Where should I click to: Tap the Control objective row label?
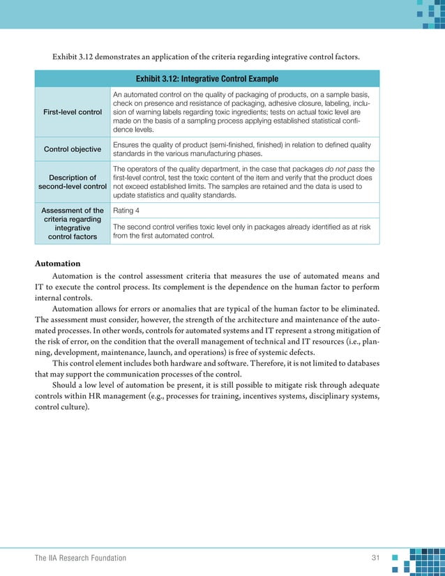[x=73, y=149]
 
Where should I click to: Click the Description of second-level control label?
[x=73, y=182]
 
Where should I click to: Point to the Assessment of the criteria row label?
[x=73, y=223]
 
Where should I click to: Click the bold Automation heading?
[x=57, y=264]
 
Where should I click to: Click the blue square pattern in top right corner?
[x=426, y=14]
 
